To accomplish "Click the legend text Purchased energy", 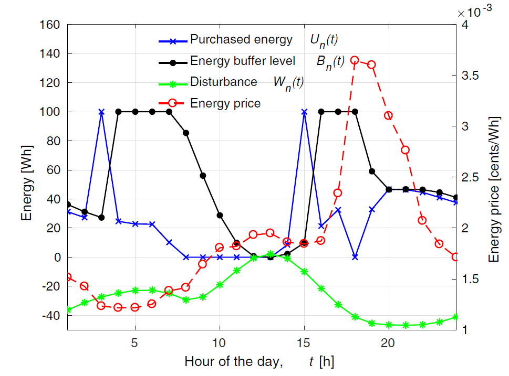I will pyautogui.click(x=241, y=39).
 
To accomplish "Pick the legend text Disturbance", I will pyautogui.click(x=224, y=82).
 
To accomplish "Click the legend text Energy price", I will pyautogui.click(x=225, y=103).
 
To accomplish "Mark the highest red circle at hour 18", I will pyautogui.click(x=355, y=60).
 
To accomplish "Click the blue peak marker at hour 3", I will pyautogui.click(x=101, y=112).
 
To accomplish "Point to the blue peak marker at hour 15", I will pyautogui.click(x=304, y=112).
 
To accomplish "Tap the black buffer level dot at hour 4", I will pyautogui.click(x=118, y=112).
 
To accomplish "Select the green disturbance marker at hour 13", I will pyautogui.click(x=270, y=254).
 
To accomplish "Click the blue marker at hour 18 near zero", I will pyautogui.click(x=355, y=257).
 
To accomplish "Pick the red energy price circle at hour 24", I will pyautogui.click(x=456, y=257).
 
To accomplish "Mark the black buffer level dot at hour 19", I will pyautogui.click(x=371, y=171).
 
